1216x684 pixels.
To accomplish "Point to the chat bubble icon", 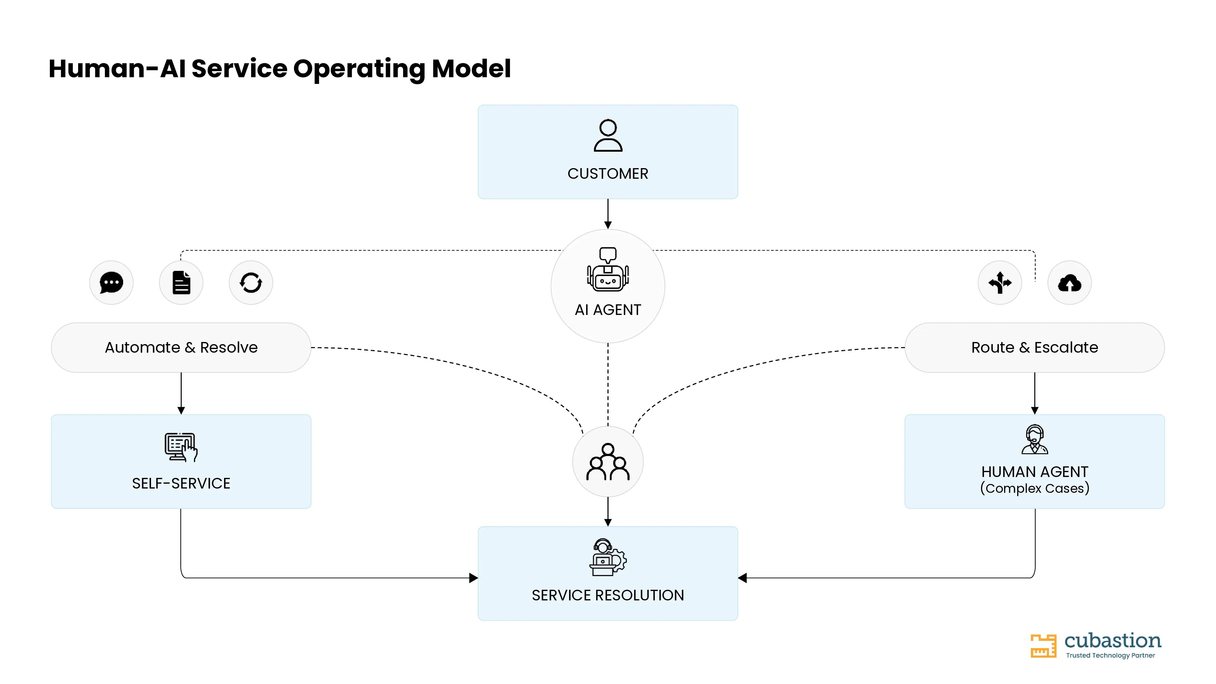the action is [x=111, y=283].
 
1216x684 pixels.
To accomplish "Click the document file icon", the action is [x=181, y=283].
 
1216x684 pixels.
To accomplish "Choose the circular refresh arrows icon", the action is [x=251, y=283].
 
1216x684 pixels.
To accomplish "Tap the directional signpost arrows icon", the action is [x=1000, y=283].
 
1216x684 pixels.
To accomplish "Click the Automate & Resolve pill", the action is [x=181, y=347].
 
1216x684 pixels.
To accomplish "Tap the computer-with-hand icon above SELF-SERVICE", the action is [x=181, y=447].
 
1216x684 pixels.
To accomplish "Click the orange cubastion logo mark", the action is [x=1043, y=645].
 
